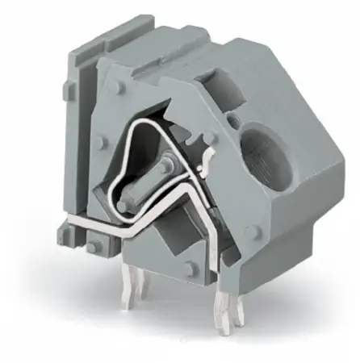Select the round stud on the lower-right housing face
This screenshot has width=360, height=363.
pos(252,232)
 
